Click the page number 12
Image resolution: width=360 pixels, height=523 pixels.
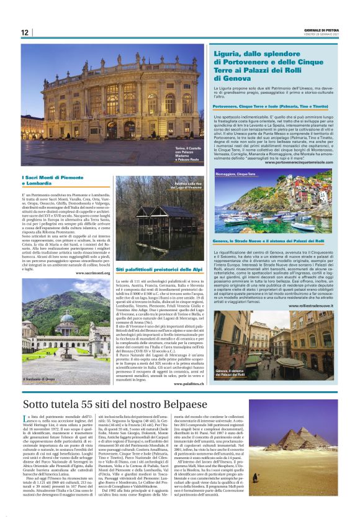(x=25, y=32)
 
